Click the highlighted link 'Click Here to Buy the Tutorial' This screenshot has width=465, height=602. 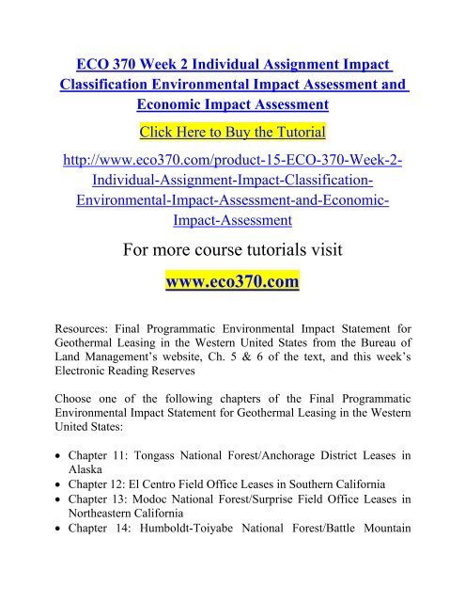tap(232, 128)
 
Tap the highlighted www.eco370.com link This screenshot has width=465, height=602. tap(232, 284)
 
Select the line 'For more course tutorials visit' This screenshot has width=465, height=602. tap(232, 253)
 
